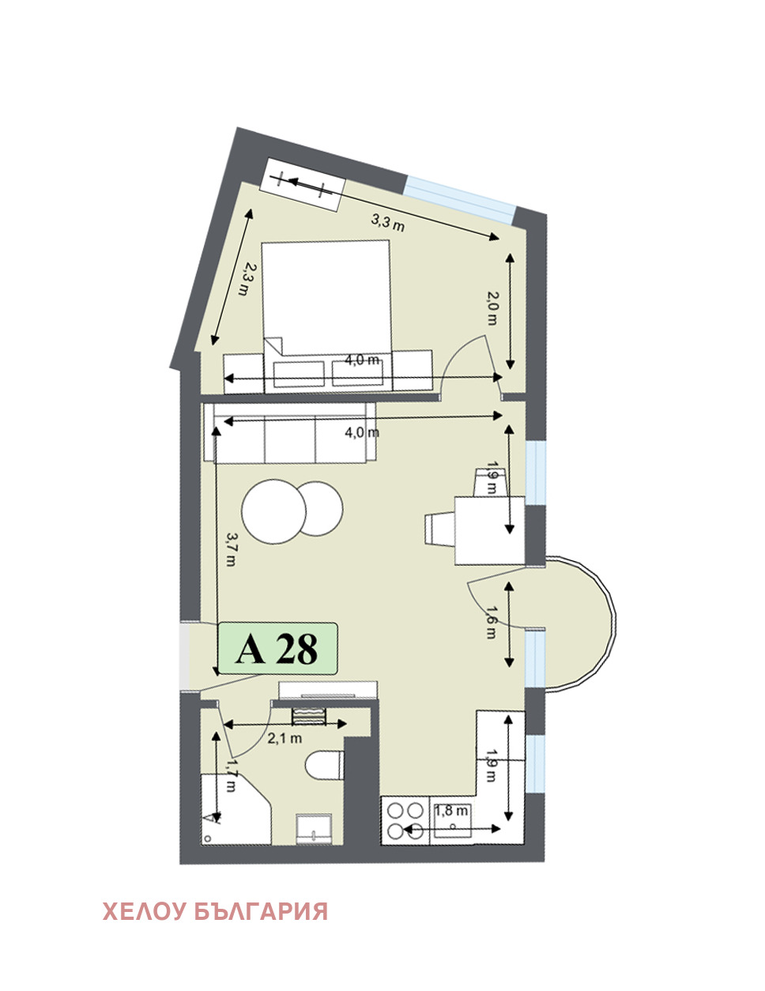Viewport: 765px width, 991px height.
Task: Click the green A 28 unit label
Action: (x=277, y=649)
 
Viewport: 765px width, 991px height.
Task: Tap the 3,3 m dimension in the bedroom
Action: (x=387, y=222)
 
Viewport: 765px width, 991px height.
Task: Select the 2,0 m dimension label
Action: (x=492, y=308)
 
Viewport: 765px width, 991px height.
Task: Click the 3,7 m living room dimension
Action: (x=231, y=549)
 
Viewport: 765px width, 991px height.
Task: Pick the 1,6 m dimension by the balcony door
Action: (x=491, y=622)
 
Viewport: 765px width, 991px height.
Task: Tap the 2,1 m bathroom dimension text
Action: (x=285, y=738)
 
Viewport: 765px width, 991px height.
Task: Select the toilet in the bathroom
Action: (x=325, y=765)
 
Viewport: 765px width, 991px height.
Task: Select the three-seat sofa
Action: (x=291, y=433)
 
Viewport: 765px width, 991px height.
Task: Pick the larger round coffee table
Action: (x=273, y=511)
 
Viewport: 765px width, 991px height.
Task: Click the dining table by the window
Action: (x=490, y=531)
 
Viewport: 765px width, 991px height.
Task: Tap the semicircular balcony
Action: (x=579, y=623)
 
